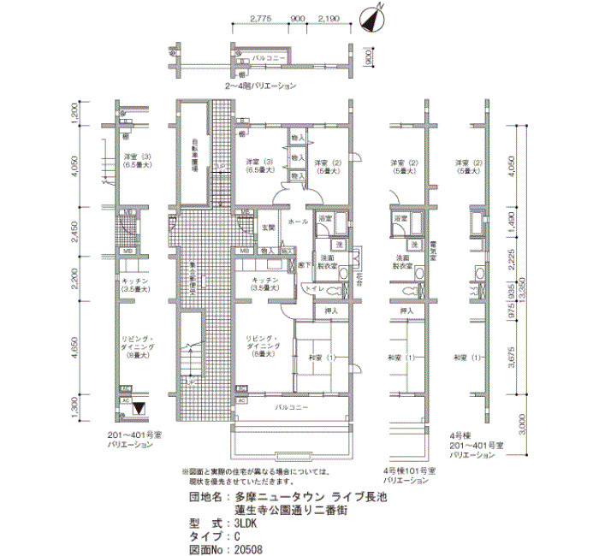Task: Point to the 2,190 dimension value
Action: coord(328,18)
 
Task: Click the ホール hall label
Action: coord(299,222)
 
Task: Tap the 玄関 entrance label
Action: coord(268,227)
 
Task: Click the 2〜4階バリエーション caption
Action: coord(261,86)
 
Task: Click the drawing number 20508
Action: coord(249,550)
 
